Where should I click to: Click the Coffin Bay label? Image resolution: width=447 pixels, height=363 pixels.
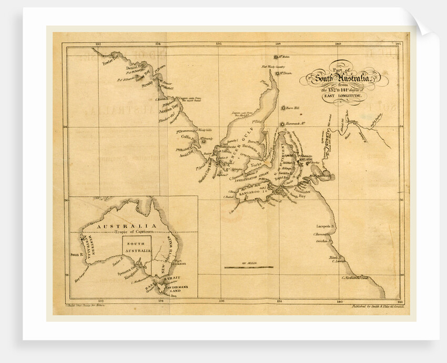click(188, 137)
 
